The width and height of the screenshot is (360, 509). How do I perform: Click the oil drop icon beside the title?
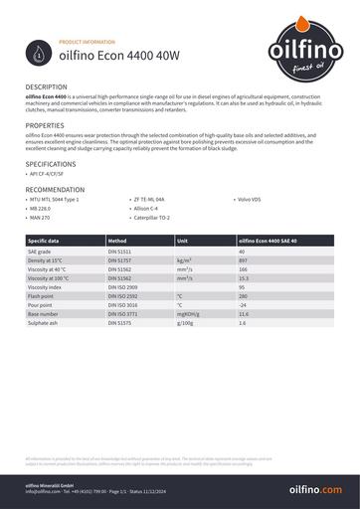pyautogui.click(x=38, y=52)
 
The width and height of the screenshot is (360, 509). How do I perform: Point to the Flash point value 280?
pyautogui.click(x=244, y=296)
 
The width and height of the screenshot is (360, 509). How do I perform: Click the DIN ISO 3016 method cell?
pyautogui.click(x=123, y=305)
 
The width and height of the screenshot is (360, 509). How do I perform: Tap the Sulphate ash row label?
pyautogui.click(x=44, y=323)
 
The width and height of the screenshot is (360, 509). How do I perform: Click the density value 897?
pyautogui.click(x=244, y=260)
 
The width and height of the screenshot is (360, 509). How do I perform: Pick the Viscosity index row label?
pyautogui.click(x=46, y=287)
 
